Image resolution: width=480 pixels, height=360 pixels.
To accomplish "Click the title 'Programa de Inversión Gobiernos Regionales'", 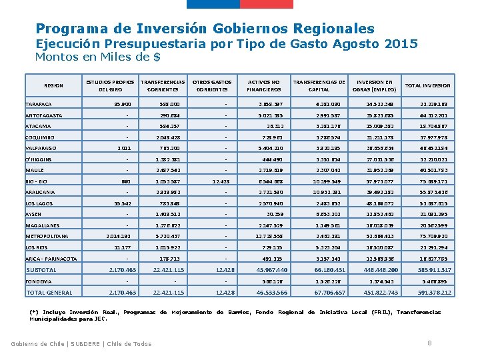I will (x=205, y=29).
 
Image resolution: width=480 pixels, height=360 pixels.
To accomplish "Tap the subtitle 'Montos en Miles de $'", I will (x=97, y=57).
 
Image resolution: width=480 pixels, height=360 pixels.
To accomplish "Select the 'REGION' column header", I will (x=53, y=85).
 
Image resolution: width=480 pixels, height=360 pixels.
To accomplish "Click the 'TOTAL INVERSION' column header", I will (x=428, y=85).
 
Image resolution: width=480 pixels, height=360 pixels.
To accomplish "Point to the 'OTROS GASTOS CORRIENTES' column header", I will (x=213, y=85).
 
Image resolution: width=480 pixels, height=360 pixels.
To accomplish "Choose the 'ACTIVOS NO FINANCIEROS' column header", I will (x=264, y=85).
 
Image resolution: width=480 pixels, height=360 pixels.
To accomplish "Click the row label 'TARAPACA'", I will (x=39, y=105).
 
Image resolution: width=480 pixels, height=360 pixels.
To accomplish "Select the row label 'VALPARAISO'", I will (x=41, y=148).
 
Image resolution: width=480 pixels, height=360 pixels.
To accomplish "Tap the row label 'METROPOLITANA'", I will (x=46, y=236).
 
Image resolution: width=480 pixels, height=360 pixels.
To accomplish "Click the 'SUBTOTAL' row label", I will (x=41, y=269).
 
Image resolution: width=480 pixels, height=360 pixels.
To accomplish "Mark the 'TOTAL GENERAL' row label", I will (x=49, y=292).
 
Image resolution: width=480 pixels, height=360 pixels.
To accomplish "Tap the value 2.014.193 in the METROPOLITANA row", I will (x=119, y=236).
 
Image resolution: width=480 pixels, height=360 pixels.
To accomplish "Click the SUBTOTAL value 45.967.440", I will (x=272, y=269).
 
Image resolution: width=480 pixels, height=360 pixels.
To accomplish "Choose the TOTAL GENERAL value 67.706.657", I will (x=329, y=292).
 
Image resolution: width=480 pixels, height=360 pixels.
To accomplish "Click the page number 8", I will (x=428, y=343).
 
